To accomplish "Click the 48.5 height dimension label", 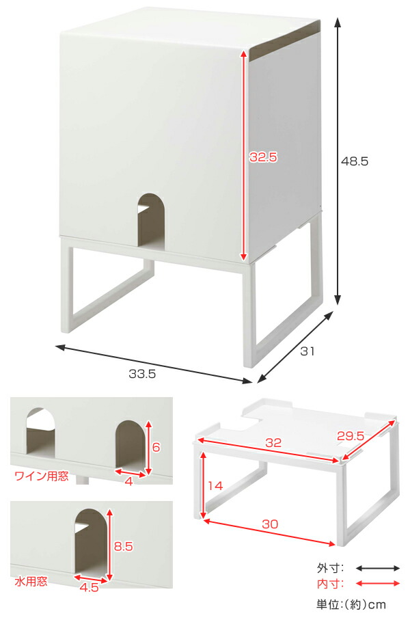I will [x=355, y=162].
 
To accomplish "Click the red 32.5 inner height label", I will [x=263, y=157].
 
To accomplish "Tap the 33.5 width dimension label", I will [x=142, y=373].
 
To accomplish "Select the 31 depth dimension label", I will [x=307, y=352].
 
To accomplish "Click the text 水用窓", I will [x=31, y=582].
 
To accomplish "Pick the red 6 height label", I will [x=156, y=447].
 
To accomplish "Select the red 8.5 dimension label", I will [x=123, y=546].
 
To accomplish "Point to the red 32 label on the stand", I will [x=273, y=443].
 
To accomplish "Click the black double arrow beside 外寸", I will [x=377, y=568].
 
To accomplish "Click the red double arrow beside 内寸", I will [x=377, y=583].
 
